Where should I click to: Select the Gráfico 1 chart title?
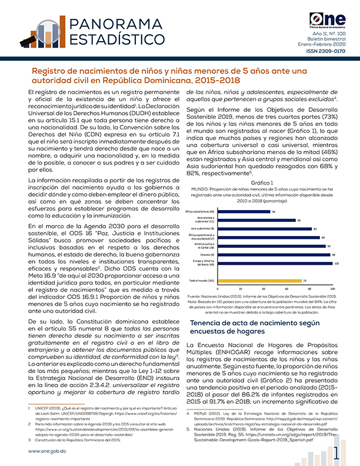(x=262, y=184)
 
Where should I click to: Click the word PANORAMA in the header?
(x=112, y=25)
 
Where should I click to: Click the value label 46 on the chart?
(x=274, y=212)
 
